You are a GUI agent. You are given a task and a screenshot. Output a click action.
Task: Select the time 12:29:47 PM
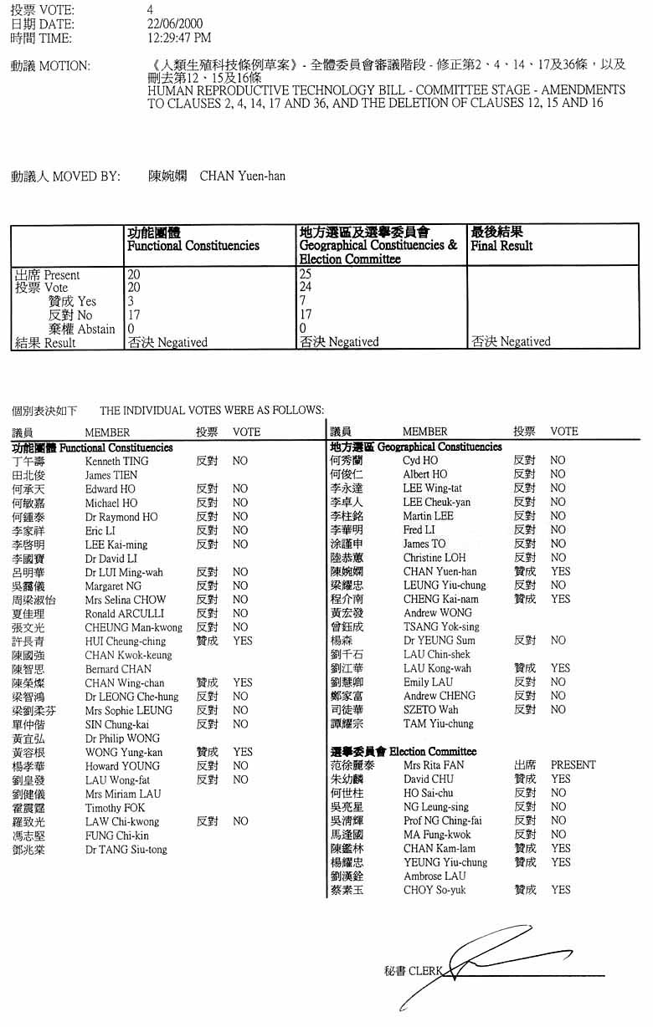coord(179,38)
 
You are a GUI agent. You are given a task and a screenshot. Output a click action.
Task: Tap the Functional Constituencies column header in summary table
coord(193,246)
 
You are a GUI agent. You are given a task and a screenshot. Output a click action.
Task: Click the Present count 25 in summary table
coord(306,273)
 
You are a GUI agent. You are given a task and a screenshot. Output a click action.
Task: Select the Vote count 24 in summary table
coord(306,287)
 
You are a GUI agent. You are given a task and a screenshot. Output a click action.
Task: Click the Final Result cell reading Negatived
coord(511,341)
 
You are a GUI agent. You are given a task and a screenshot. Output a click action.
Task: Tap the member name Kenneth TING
coord(116,461)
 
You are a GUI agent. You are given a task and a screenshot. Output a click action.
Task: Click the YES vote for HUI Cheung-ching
coord(242,641)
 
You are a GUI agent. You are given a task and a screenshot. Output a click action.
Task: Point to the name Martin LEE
coord(428,516)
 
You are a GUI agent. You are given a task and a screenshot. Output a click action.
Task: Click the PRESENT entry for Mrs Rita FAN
coord(573,764)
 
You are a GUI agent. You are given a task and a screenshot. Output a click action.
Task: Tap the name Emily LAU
coord(428,682)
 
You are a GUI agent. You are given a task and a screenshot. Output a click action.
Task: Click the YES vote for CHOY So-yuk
coord(560,890)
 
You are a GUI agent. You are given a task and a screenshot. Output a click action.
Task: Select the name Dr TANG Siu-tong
coord(126,850)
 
